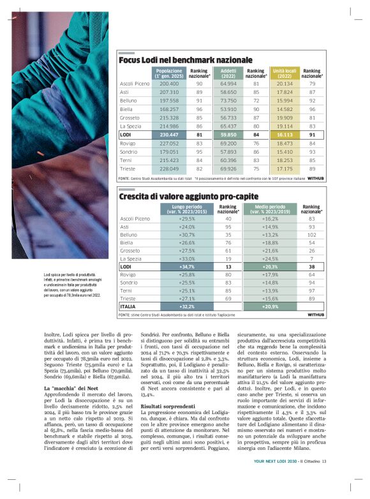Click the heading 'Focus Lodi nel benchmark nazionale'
coord(186,59)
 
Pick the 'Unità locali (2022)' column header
coord(285,73)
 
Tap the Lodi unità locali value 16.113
coord(285,135)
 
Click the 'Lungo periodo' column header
coord(181,209)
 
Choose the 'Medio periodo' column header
coord(270,209)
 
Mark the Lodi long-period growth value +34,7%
coord(181,266)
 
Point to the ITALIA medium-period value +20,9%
coord(270,306)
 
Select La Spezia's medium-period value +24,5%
coord(270,258)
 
